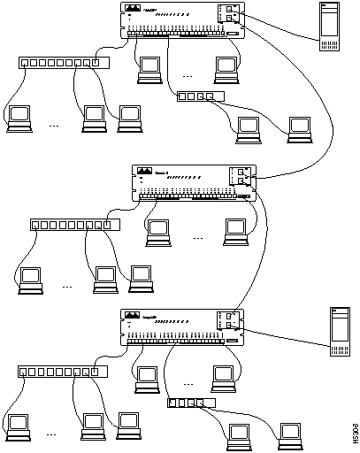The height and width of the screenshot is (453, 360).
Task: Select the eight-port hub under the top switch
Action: [63, 64]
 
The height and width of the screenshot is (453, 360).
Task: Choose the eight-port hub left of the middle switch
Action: [73, 225]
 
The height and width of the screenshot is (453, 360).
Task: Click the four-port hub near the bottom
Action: [190, 404]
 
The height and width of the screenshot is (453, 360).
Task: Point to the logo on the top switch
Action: [133, 9]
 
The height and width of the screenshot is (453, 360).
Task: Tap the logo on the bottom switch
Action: [133, 316]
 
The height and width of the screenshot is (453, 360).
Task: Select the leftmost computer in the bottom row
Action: [17, 424]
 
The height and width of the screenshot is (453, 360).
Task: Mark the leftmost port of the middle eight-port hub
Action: [36, 225]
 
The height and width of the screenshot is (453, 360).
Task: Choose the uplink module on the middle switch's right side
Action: [242, 177]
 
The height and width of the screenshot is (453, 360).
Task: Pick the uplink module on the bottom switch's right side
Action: [230, 322]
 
